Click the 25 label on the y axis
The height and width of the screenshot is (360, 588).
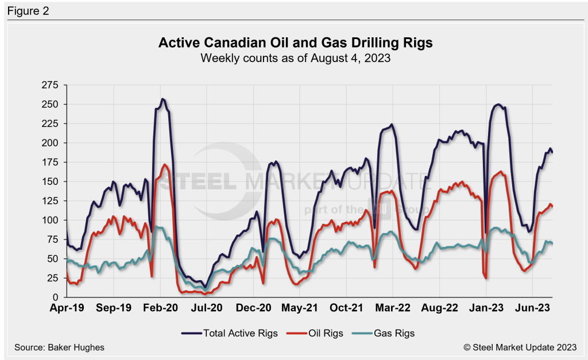coord(53,278)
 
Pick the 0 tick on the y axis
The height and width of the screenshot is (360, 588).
coord(56,297)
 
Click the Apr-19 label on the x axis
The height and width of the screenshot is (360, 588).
coord(67,308)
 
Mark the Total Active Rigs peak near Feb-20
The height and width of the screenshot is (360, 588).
coord(163,99)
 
